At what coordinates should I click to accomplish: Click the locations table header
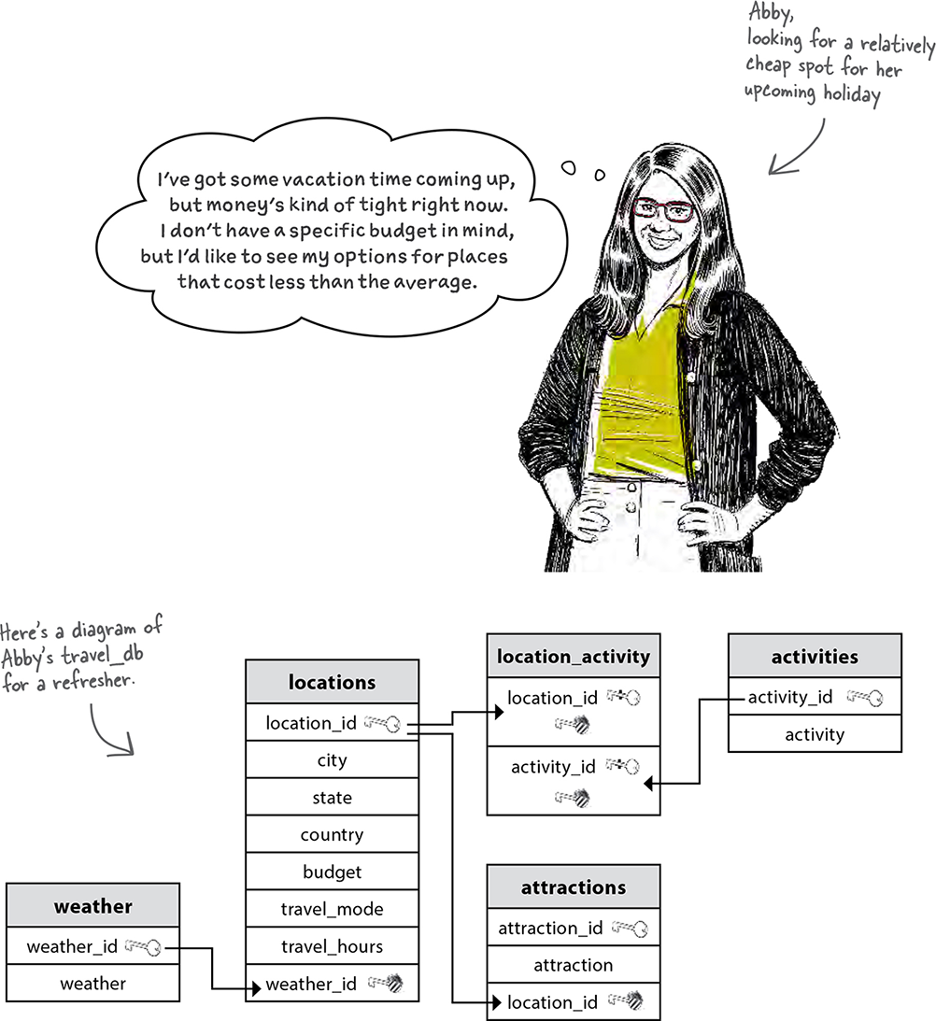click(333, 682)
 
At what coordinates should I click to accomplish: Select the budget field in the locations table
click(333, 872)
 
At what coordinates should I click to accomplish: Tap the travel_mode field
click(333, 908)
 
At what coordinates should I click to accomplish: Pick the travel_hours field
click(333, 945)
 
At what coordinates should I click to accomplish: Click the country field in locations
click(333, 834)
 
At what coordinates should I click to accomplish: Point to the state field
click(333, 797)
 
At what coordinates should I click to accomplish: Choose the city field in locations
click(333, 759)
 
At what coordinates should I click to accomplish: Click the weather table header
click(93, 906)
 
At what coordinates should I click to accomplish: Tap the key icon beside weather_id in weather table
click(143, 946)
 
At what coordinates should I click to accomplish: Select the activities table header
click(815, 657)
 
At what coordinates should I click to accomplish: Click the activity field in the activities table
click(815, 734)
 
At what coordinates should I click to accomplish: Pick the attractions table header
click(574, 886)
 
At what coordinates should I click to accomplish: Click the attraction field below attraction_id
click(574, 964)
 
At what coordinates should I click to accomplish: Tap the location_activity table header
click(574, 657)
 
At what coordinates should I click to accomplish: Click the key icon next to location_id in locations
click(382, 723)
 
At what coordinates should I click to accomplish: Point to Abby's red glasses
click(662, 210)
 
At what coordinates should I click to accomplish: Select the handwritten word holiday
click(852, 95)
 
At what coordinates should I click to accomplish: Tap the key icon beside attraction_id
click(630, 928)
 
